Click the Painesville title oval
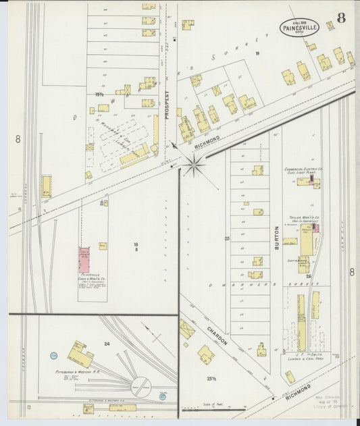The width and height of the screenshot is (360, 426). [299, 28]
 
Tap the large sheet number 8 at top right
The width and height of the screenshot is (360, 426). [341, 18]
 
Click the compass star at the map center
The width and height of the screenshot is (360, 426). [194, 164]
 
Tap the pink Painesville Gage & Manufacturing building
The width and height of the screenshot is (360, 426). [84, 260]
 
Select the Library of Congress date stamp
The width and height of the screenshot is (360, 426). [330, 405]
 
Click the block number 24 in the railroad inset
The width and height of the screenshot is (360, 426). [107, 344]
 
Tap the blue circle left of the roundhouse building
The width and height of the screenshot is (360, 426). [53, 355]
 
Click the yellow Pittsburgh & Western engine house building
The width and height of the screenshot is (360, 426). [80, 354]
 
